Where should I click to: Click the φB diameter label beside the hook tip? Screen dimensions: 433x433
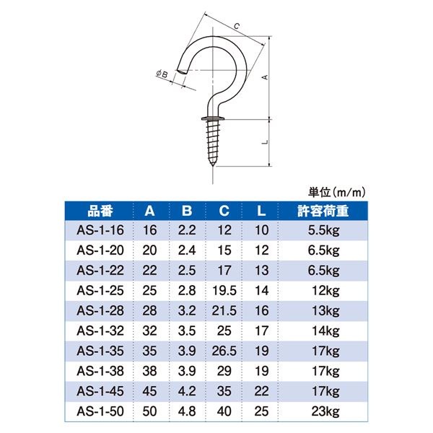[x=162, y=73]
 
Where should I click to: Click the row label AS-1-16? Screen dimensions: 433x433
[x=99, y=231]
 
